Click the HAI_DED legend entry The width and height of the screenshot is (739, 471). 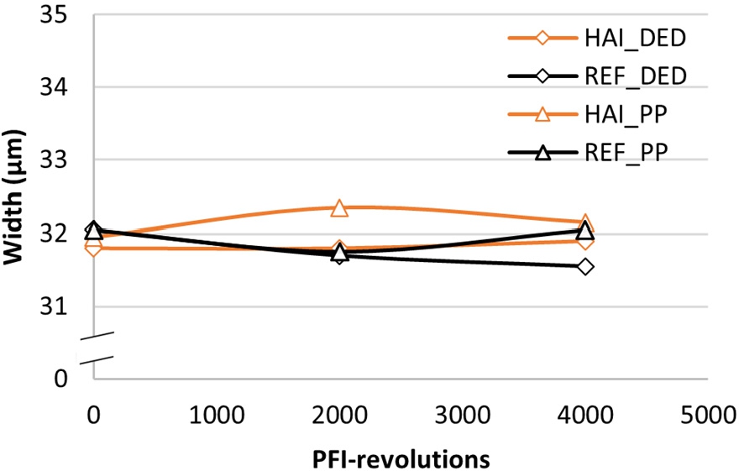tap(597, 38)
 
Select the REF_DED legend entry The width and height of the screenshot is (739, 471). tap(597, 76)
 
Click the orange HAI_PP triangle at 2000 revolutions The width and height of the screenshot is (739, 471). tap(339, 207)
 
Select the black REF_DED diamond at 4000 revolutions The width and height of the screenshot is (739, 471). tap(585, 267)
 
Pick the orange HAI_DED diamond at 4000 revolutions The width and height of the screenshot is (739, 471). tap(585, 241)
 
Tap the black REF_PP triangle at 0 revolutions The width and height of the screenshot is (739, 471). tap(93, 229)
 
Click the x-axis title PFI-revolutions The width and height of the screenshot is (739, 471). tap(400, 458)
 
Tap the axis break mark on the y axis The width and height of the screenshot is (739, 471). tap(94, 348)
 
